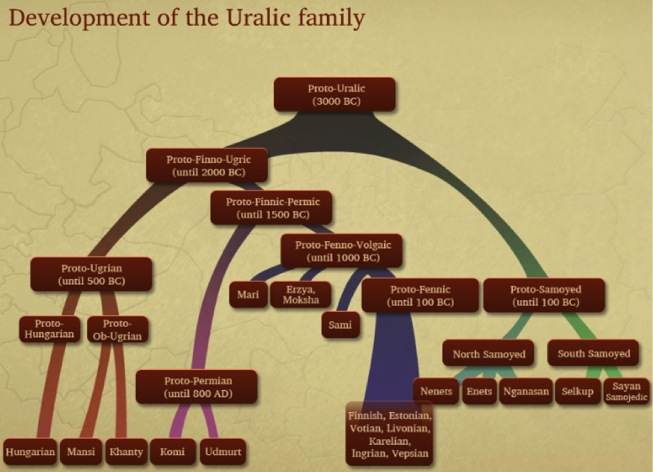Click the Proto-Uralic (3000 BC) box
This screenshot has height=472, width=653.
coord(334,94)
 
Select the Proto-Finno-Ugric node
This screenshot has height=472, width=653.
coord(207,165)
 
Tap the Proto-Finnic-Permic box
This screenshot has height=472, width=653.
coord(272,208)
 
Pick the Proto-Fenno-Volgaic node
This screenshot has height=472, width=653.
coord(342,251)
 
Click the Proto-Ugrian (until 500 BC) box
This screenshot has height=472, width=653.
coord(91,274)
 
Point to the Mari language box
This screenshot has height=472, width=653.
coord(248,295)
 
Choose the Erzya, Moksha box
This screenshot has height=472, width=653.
coord(301,295)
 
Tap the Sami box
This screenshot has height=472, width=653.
coord(340,325)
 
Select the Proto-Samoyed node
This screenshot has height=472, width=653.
coord(544,295)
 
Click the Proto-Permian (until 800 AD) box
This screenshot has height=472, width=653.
coord(196,386)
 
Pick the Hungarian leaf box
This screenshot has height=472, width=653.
coord(31,452)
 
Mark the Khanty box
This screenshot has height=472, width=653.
coord(126,452)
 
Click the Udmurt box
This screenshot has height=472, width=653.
coord(223,452)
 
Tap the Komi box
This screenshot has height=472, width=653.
coord(173,452)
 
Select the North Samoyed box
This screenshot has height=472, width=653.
coord(489,353)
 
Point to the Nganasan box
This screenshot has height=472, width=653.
coord(525,391)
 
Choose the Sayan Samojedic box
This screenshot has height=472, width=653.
coord(626,391)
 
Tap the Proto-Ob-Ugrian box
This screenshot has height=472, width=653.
coord(118,329)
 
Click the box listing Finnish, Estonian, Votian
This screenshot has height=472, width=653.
coord(389,434)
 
